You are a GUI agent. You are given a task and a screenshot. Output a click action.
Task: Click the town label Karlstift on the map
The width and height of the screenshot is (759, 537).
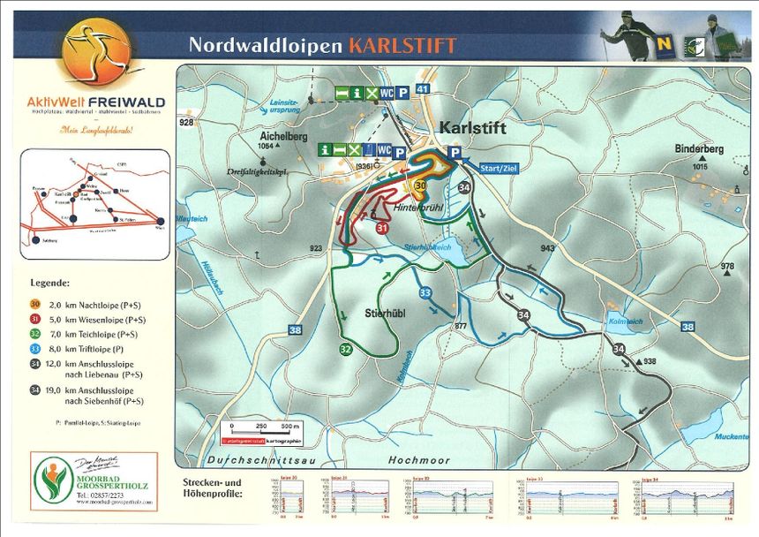point(472,128)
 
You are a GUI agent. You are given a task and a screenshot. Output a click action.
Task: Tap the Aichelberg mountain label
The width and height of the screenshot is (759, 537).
point(283,137)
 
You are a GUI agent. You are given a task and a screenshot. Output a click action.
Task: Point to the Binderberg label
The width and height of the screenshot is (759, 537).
point(699,149)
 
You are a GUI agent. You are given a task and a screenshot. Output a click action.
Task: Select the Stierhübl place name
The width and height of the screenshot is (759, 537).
point(384,313)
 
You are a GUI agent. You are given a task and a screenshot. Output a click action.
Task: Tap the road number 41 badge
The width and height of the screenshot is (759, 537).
point(424,89)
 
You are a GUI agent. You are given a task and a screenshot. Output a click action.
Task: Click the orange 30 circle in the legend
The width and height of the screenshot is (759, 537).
point(35,304)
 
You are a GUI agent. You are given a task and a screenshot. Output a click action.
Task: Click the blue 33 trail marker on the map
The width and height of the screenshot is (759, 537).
point(425,292)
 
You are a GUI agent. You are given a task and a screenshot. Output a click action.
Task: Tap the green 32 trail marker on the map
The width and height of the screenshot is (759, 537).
point(345,350)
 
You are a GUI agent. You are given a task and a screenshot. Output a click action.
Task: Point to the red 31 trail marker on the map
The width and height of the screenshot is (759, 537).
point(382,228)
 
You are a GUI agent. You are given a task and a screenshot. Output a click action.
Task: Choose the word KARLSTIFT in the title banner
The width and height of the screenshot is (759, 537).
point(402,45)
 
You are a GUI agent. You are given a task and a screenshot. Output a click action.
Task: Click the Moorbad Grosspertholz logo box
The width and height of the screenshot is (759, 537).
point(94,481)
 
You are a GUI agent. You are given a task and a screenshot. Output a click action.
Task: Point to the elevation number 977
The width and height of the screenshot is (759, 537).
point(460,327)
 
